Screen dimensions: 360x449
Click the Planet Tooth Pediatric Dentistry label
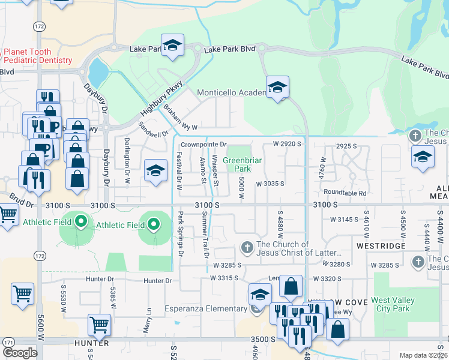tap(37, 56)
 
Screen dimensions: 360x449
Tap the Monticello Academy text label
tap(232, 92)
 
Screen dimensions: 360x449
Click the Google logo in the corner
tap(20, 352)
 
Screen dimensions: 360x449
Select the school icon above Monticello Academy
tap(277, 88)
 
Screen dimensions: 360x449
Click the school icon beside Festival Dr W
tap(155, 170)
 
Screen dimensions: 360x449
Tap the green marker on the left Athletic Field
tap(82, 223)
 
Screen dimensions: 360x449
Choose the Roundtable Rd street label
tap(345, 193)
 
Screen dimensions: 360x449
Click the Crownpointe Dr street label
tap(204, 145)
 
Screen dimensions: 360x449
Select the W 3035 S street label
tap(270, 184)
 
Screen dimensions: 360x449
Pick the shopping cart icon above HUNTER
tap(99, 325)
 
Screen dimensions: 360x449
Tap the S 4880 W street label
tap(280, 226)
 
